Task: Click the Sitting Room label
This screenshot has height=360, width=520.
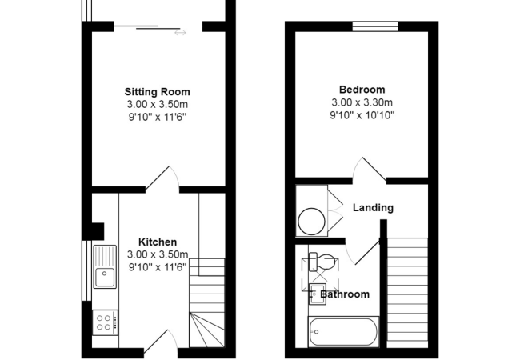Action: (x=157, y=91)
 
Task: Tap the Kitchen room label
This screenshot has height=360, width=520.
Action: (x=158, y=242)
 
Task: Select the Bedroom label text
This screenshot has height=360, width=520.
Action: (x=362, y=90)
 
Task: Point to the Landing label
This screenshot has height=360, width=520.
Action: (x=373, y=208)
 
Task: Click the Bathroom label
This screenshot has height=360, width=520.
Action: (x=346, y=294)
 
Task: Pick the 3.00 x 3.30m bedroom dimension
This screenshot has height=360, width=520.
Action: (x=362, y=102)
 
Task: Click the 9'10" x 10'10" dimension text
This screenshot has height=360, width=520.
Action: (x=362, y=115)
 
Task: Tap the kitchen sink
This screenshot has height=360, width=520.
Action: (x=105, y=267)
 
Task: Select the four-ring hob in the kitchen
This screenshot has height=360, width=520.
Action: (x=105, y=322)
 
